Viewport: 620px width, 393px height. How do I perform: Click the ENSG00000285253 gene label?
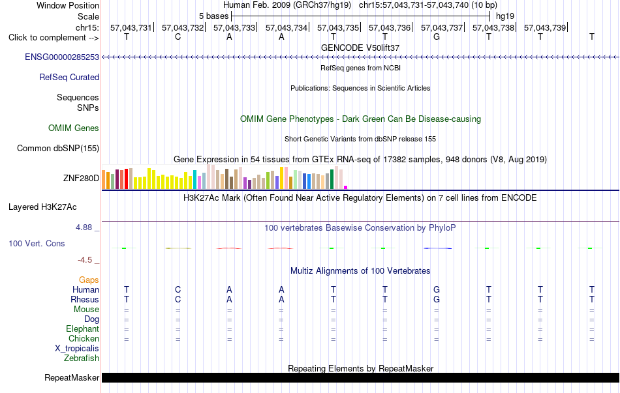[62, 57]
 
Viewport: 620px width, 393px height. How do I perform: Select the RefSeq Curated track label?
[69, 77]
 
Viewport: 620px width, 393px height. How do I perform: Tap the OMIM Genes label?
[74, 128]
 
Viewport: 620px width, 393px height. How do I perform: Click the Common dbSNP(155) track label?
[58, 148]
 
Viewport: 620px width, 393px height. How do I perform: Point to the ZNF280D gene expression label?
[81, 178]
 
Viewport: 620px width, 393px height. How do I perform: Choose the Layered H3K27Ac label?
[42, 207]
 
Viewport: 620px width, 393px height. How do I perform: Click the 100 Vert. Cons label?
[37, 243]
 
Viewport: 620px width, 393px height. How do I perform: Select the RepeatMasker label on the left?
[72, 377]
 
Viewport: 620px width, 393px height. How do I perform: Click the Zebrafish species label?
[82, 358]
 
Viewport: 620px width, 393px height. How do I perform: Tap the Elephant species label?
[83, 328]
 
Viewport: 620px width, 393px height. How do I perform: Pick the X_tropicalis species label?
[77, 349]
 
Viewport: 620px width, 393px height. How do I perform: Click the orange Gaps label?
[89, 280]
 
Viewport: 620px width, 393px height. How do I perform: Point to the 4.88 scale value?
[84, 227]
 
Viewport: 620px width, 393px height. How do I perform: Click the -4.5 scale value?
[85, 260]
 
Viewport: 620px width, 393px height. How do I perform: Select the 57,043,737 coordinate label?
[442, 27]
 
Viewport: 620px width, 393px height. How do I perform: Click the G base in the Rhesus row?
[437, 299]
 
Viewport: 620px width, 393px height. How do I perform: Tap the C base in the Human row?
[178, 289]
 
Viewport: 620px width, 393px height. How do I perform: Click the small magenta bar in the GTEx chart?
[346, 187]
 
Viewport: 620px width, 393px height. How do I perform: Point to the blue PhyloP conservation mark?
[437, 248]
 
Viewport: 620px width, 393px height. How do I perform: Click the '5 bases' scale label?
[213, 16]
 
